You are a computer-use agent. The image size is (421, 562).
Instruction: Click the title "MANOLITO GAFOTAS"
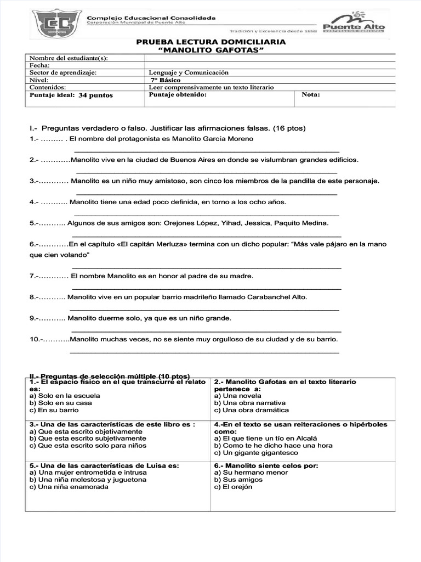210,50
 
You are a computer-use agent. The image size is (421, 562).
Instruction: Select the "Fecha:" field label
39,65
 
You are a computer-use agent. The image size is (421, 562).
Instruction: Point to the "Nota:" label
311,94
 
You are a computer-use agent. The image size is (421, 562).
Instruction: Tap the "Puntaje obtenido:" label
178,94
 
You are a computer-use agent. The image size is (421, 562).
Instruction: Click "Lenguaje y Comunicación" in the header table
189,72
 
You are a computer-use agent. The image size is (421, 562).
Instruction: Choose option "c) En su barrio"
54,410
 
